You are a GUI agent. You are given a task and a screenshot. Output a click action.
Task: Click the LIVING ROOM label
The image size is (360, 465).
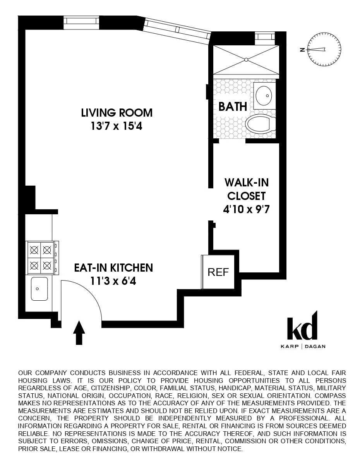point(117,113)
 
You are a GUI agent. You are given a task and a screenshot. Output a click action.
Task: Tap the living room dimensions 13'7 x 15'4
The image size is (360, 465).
point(117,126)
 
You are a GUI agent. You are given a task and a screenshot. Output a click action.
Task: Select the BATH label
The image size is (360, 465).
point(233,107)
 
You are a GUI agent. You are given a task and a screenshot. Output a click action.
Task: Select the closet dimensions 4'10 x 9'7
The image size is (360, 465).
point(246,210)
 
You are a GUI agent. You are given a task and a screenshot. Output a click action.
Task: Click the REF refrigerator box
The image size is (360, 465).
point(218,272)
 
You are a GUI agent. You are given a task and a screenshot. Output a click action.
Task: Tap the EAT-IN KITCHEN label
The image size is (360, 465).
point(113,267)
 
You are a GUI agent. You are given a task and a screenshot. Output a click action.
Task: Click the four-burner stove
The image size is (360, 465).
point(41,256)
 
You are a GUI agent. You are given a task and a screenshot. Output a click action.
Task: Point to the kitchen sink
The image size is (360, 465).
point(39,289)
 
